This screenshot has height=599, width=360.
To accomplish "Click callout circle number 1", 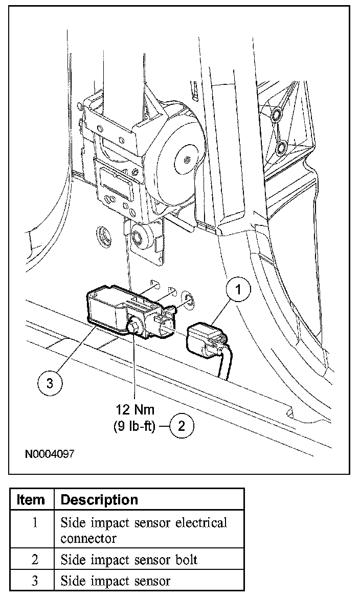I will pos(238,289).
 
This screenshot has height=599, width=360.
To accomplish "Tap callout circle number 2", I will pos(182,425).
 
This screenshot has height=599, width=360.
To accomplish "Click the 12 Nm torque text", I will pos(135,410).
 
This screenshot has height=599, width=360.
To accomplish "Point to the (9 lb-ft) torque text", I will pos(134,426).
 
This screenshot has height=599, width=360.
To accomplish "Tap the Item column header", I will pos(31,499).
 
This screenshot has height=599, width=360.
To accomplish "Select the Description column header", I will pos(99,499).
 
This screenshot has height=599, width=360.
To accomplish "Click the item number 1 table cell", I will pos(34,523).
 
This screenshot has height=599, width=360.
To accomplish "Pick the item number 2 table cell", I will pos(34,560).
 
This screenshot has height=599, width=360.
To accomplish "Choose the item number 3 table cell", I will pos(34,581).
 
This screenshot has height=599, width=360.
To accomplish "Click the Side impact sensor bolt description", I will pos(129,560).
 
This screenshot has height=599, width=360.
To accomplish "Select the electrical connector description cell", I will pos(143,531).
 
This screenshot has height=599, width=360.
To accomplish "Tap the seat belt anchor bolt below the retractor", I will pos(138,237).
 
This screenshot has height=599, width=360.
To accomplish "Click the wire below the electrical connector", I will pos(223,366).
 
